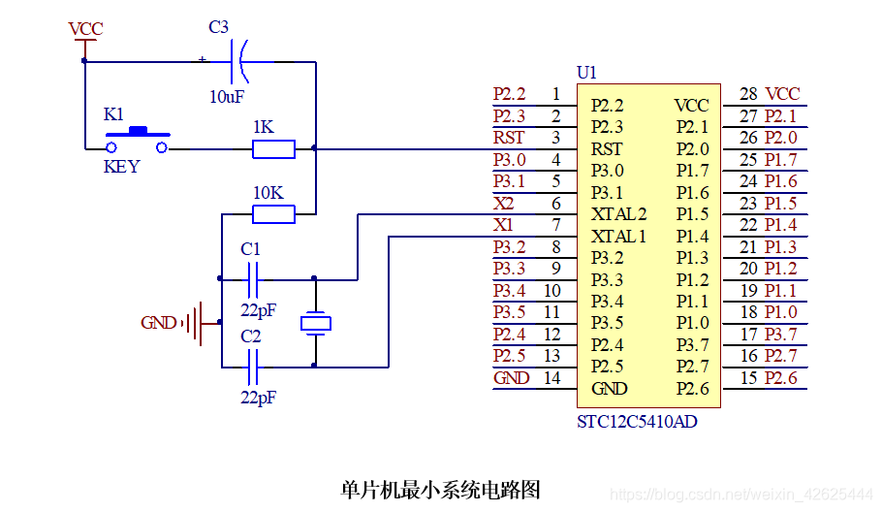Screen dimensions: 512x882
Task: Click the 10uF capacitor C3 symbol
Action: [238, 61]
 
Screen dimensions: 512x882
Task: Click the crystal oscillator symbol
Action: [315, 322]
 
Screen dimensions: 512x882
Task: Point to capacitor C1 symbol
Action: [253, 279]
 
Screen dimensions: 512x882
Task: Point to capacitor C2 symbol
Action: [253, 367]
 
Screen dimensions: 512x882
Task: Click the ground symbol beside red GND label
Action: [200, 323]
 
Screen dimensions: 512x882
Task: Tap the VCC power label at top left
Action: [85, 30]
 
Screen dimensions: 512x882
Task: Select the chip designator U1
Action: [586, 73]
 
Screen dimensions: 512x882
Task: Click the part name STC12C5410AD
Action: [637, 423]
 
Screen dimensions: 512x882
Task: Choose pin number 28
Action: [748, 94]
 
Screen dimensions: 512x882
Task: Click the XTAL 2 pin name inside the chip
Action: [618, 214]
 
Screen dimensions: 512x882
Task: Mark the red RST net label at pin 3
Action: [509, 138]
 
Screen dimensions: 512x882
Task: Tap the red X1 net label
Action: [504, 225]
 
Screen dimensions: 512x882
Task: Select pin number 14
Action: [551, 378]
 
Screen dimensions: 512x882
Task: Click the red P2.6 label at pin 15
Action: [780, 378]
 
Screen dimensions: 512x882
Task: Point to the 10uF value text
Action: [227, 97]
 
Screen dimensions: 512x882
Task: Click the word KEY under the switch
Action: [121, 167]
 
